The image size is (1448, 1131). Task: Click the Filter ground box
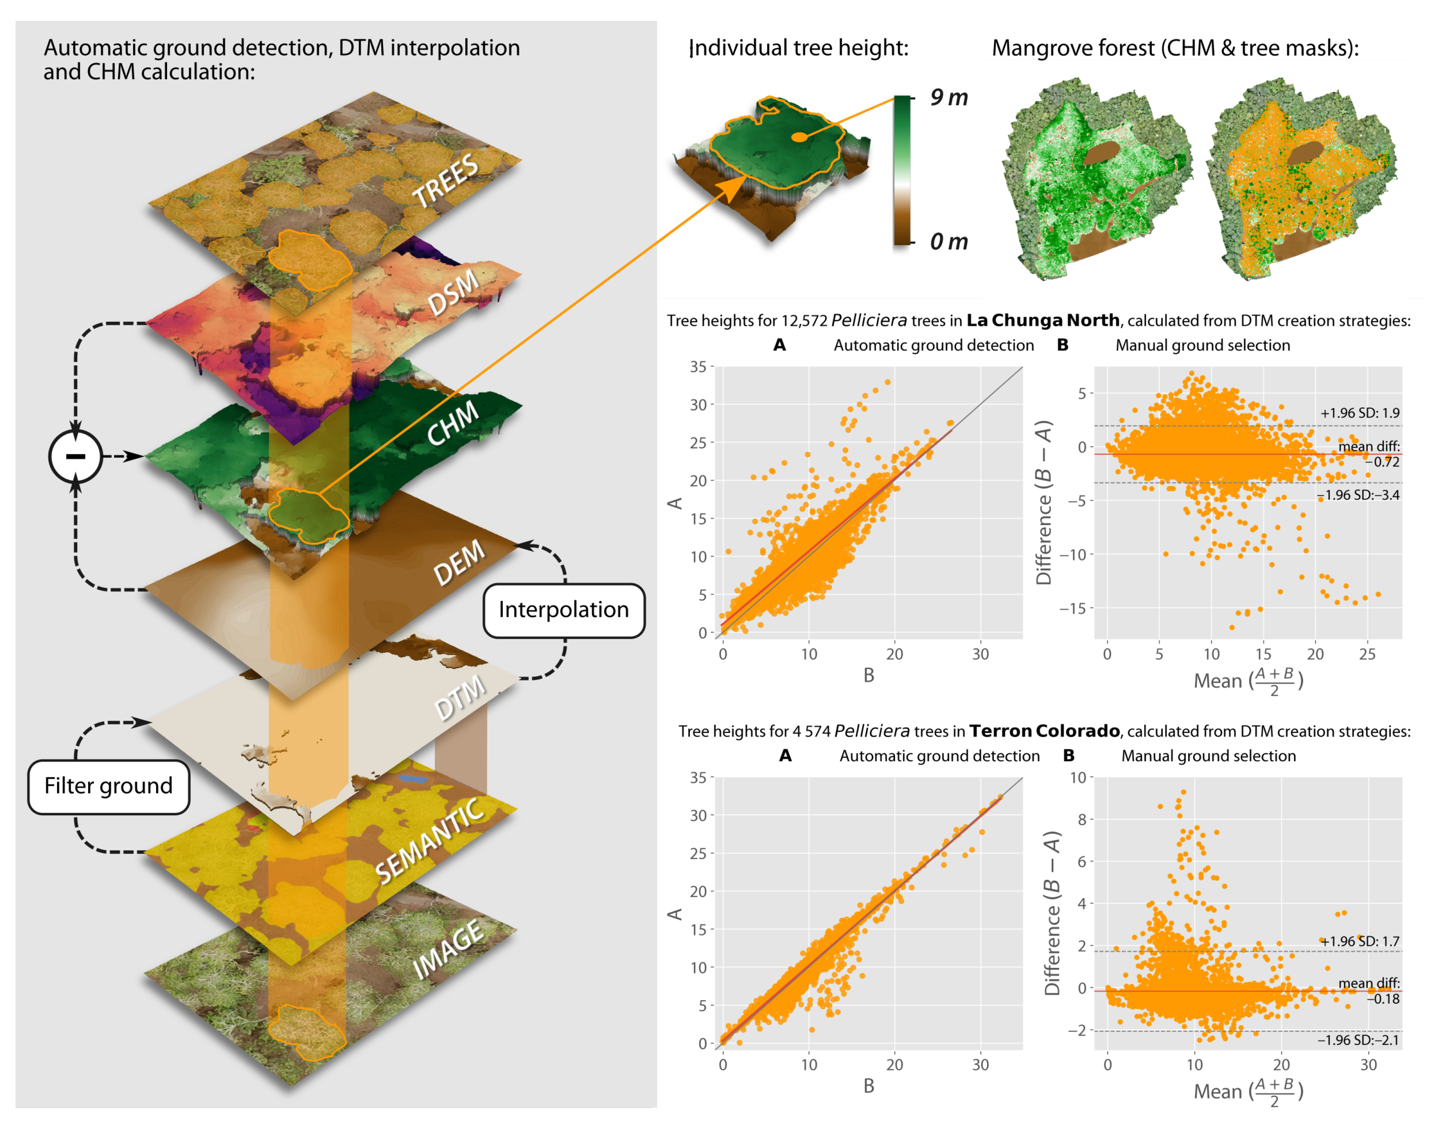(x=109, y=786)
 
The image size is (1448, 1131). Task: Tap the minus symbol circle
(x=75, y=456)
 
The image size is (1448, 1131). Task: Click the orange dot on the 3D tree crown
(x=800, y=137)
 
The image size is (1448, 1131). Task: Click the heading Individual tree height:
(x=799, y=48)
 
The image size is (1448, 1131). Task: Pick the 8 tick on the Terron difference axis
(x=1081, y=820)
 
